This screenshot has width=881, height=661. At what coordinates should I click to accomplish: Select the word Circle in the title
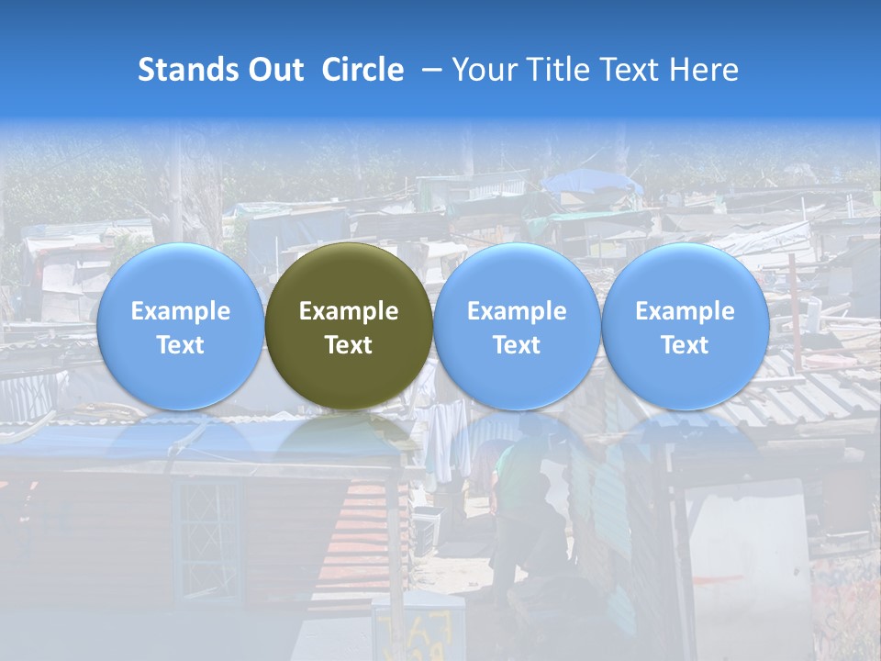[x=362, y=70]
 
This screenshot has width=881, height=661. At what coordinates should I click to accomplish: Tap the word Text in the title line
[x=632, y=70]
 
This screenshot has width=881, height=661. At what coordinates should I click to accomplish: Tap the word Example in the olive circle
[x=349, y=311]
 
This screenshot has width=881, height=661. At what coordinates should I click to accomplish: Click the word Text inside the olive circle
[x=349, y=345]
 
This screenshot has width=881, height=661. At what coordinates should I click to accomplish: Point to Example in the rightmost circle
[x=685, y=311]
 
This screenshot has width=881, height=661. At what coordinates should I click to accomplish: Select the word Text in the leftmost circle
[x=180, y=345]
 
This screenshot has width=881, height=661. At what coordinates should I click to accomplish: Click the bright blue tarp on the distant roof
[x=592, y=183]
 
